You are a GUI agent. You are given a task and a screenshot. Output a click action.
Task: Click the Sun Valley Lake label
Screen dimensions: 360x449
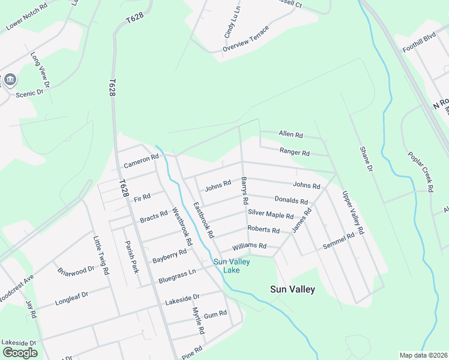232,265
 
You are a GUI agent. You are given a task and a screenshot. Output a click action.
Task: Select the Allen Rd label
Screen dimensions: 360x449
291,134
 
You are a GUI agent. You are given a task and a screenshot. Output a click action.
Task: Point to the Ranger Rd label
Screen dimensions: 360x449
294,152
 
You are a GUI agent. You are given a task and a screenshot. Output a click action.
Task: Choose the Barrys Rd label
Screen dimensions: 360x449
245,189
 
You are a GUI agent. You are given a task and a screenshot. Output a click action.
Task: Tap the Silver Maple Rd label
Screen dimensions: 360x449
271,215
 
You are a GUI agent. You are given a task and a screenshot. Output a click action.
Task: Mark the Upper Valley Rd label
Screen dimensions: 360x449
353,212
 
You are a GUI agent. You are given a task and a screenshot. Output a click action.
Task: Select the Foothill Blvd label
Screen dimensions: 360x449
419,43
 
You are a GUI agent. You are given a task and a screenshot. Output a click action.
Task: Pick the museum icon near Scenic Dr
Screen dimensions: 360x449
10,80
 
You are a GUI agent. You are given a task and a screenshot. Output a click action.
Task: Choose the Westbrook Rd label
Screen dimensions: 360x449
182,227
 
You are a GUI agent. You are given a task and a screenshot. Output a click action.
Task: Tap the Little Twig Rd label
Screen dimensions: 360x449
101,255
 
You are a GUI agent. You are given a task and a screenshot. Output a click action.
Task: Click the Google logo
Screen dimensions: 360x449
20,353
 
